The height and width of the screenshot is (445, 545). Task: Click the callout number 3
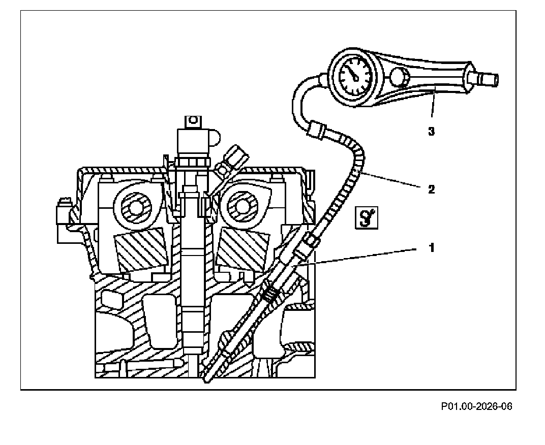431,132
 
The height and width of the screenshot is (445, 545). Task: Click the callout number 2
431,189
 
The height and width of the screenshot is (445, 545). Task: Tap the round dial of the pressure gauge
353,75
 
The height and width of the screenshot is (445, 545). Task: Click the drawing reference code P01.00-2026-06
476,406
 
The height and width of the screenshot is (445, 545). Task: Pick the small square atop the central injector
192,122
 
